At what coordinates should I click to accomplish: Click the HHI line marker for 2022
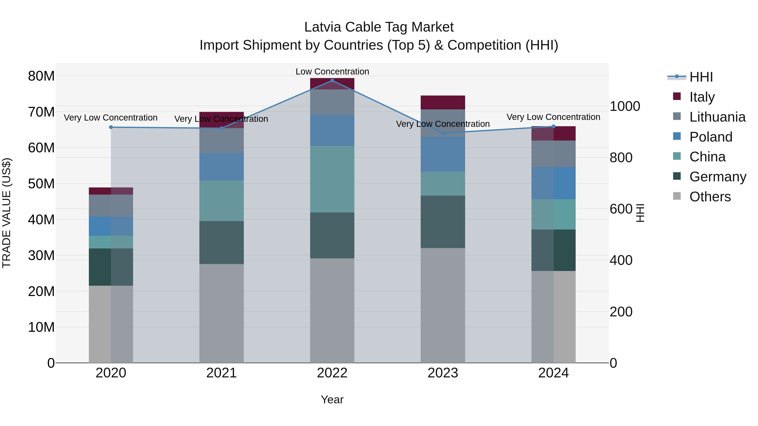tap(332, 80)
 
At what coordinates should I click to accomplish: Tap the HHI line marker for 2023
tap(443, 133)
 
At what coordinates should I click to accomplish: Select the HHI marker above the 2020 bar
tap(111, 127)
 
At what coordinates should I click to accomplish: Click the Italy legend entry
tap(702, 97)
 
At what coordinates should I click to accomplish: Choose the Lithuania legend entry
tap(717, 117)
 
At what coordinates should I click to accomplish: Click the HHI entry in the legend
tap(701, 77)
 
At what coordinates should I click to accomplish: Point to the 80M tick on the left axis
tap(41, 76)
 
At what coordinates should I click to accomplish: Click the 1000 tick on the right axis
tap(625, 106)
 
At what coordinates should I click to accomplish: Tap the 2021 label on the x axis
tap(222, 373)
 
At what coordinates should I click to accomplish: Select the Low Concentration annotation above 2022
tap(332, 72)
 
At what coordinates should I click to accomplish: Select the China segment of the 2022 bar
tap(332, 179)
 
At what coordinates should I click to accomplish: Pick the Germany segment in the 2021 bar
tap(222, 242)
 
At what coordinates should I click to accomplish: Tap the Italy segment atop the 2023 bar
tap(443, 102)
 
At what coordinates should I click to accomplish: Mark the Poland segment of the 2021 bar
tap(222, 166)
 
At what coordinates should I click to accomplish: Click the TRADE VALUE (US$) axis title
tap(7, 213)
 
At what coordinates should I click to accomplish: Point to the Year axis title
tap(332, 399)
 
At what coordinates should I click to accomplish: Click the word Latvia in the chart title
tap(322, 27)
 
